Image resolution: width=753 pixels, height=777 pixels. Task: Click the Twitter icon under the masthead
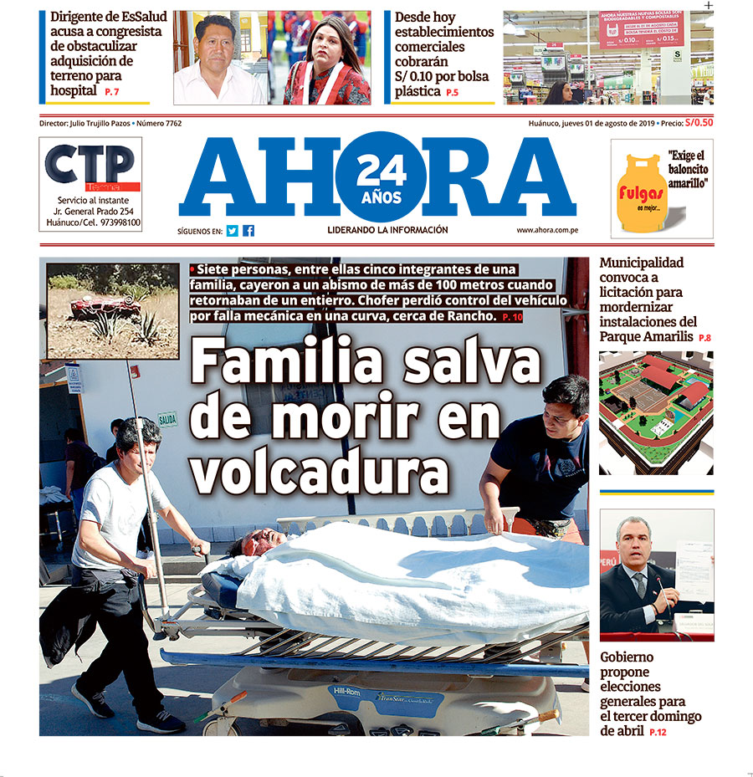coord(233,231)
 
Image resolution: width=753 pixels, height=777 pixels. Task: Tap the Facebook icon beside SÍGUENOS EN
coord(248,231)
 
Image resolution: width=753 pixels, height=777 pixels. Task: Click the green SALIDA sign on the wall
coord(167,419)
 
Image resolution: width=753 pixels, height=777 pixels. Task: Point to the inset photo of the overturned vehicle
coord(112,311)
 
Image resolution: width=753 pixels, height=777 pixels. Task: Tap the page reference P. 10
coord(513,318)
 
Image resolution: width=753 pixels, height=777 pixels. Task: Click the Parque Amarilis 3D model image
coord(656,412)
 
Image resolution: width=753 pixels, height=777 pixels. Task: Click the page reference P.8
coord(704,337)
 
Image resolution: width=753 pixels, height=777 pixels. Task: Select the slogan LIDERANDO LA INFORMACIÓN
coord(387,230)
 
